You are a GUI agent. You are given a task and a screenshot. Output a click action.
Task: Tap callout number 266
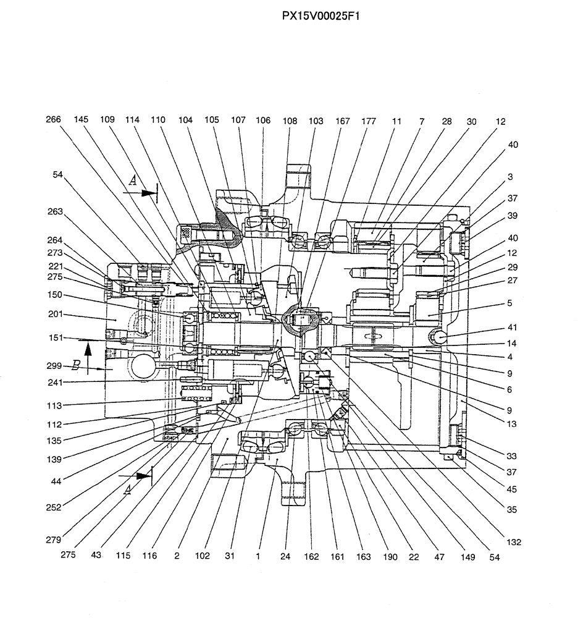pos(53,121)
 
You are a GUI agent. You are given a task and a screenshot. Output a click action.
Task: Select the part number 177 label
pos(369,122)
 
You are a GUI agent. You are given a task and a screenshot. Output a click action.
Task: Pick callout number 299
pos(54,365)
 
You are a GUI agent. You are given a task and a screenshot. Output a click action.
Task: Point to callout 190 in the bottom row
pos(389,556)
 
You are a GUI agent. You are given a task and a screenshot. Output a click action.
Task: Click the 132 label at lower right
pos(513,542)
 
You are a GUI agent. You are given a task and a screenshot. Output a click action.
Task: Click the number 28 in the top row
pos(446,122)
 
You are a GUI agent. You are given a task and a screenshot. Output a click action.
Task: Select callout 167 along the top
pos(343,122)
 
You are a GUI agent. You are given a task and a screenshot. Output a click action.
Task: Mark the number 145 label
pos(82,121)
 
